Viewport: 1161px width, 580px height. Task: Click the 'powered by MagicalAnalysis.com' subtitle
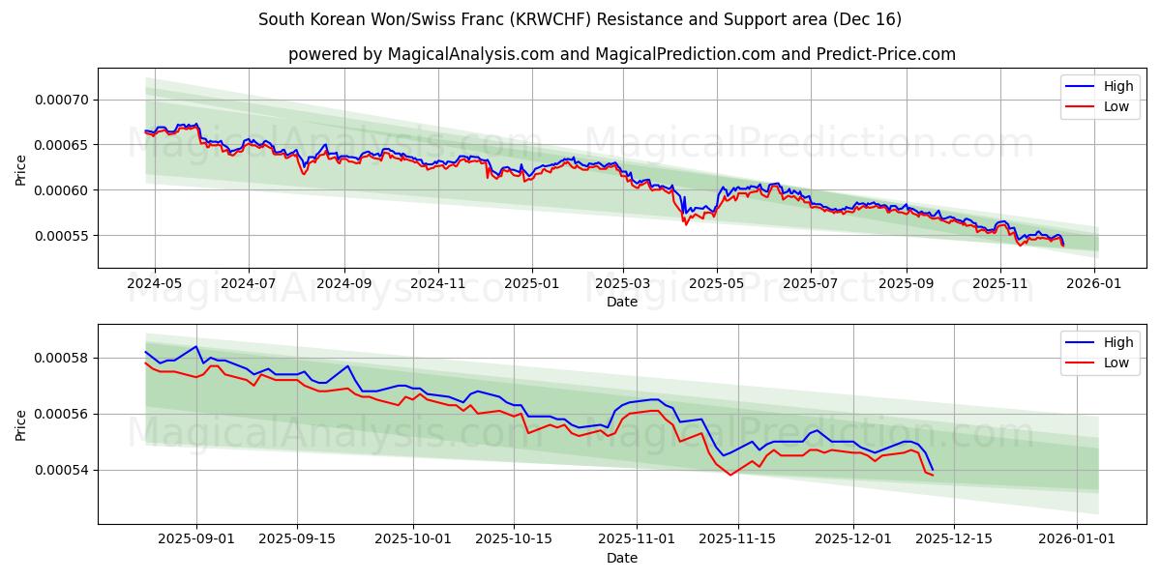(621, 54)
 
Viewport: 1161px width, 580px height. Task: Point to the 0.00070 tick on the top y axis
(62, 100)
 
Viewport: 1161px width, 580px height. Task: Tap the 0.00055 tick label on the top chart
(62, 236)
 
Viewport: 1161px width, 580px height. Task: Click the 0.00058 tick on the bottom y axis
(62, 358)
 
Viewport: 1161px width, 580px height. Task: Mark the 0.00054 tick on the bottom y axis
(62, 470)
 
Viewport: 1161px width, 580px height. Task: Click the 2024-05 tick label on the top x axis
(154, 284)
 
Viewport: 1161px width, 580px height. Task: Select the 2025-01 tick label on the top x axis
(531, 284)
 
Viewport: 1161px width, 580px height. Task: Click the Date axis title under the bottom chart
(621, 558)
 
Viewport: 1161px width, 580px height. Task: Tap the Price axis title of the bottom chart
(21, 424)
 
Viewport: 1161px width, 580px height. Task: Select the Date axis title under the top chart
(621, 302)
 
